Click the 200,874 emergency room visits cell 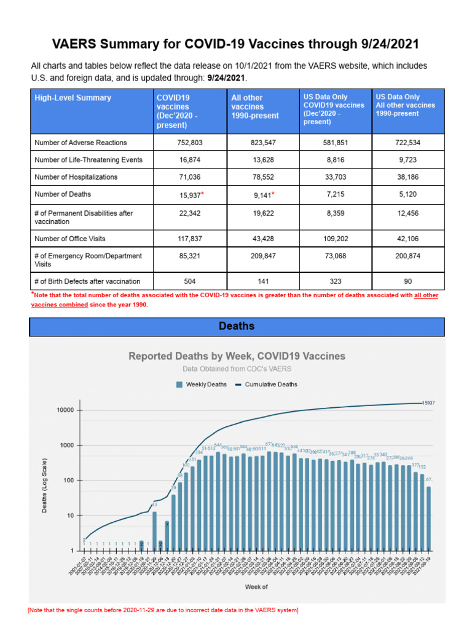pos(408,255)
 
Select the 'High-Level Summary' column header pos(73,98)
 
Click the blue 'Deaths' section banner pos(237,326)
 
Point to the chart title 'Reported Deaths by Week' pos(237,356)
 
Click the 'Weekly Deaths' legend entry pos(202,385)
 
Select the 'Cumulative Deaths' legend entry pos(265,385)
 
